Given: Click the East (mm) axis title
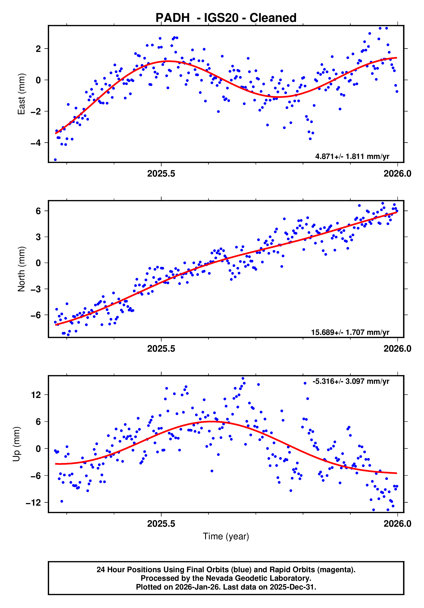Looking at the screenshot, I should [x=21, y=94].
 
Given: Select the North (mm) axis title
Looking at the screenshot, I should [x=21, y=269].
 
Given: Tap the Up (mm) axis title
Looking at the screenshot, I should [x=17, y=444].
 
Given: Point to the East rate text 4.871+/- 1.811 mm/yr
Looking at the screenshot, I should [x=352, y=156].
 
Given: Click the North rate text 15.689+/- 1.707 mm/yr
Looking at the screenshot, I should [x=350, y=332].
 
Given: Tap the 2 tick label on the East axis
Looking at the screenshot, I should [x=38, y=49].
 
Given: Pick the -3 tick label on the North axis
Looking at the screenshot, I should [x=36, y=289].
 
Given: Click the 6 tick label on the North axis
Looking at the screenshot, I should [x=38, y=211].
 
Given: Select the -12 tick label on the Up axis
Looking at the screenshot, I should [x=34, y=503].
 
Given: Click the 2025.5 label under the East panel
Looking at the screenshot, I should [x=161, y=174].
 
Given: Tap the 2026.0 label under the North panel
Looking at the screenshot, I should [x=397, y=349].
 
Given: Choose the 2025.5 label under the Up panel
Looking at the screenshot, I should [x=161, y=524].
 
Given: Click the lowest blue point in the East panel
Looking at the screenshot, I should [x=55, y=160].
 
